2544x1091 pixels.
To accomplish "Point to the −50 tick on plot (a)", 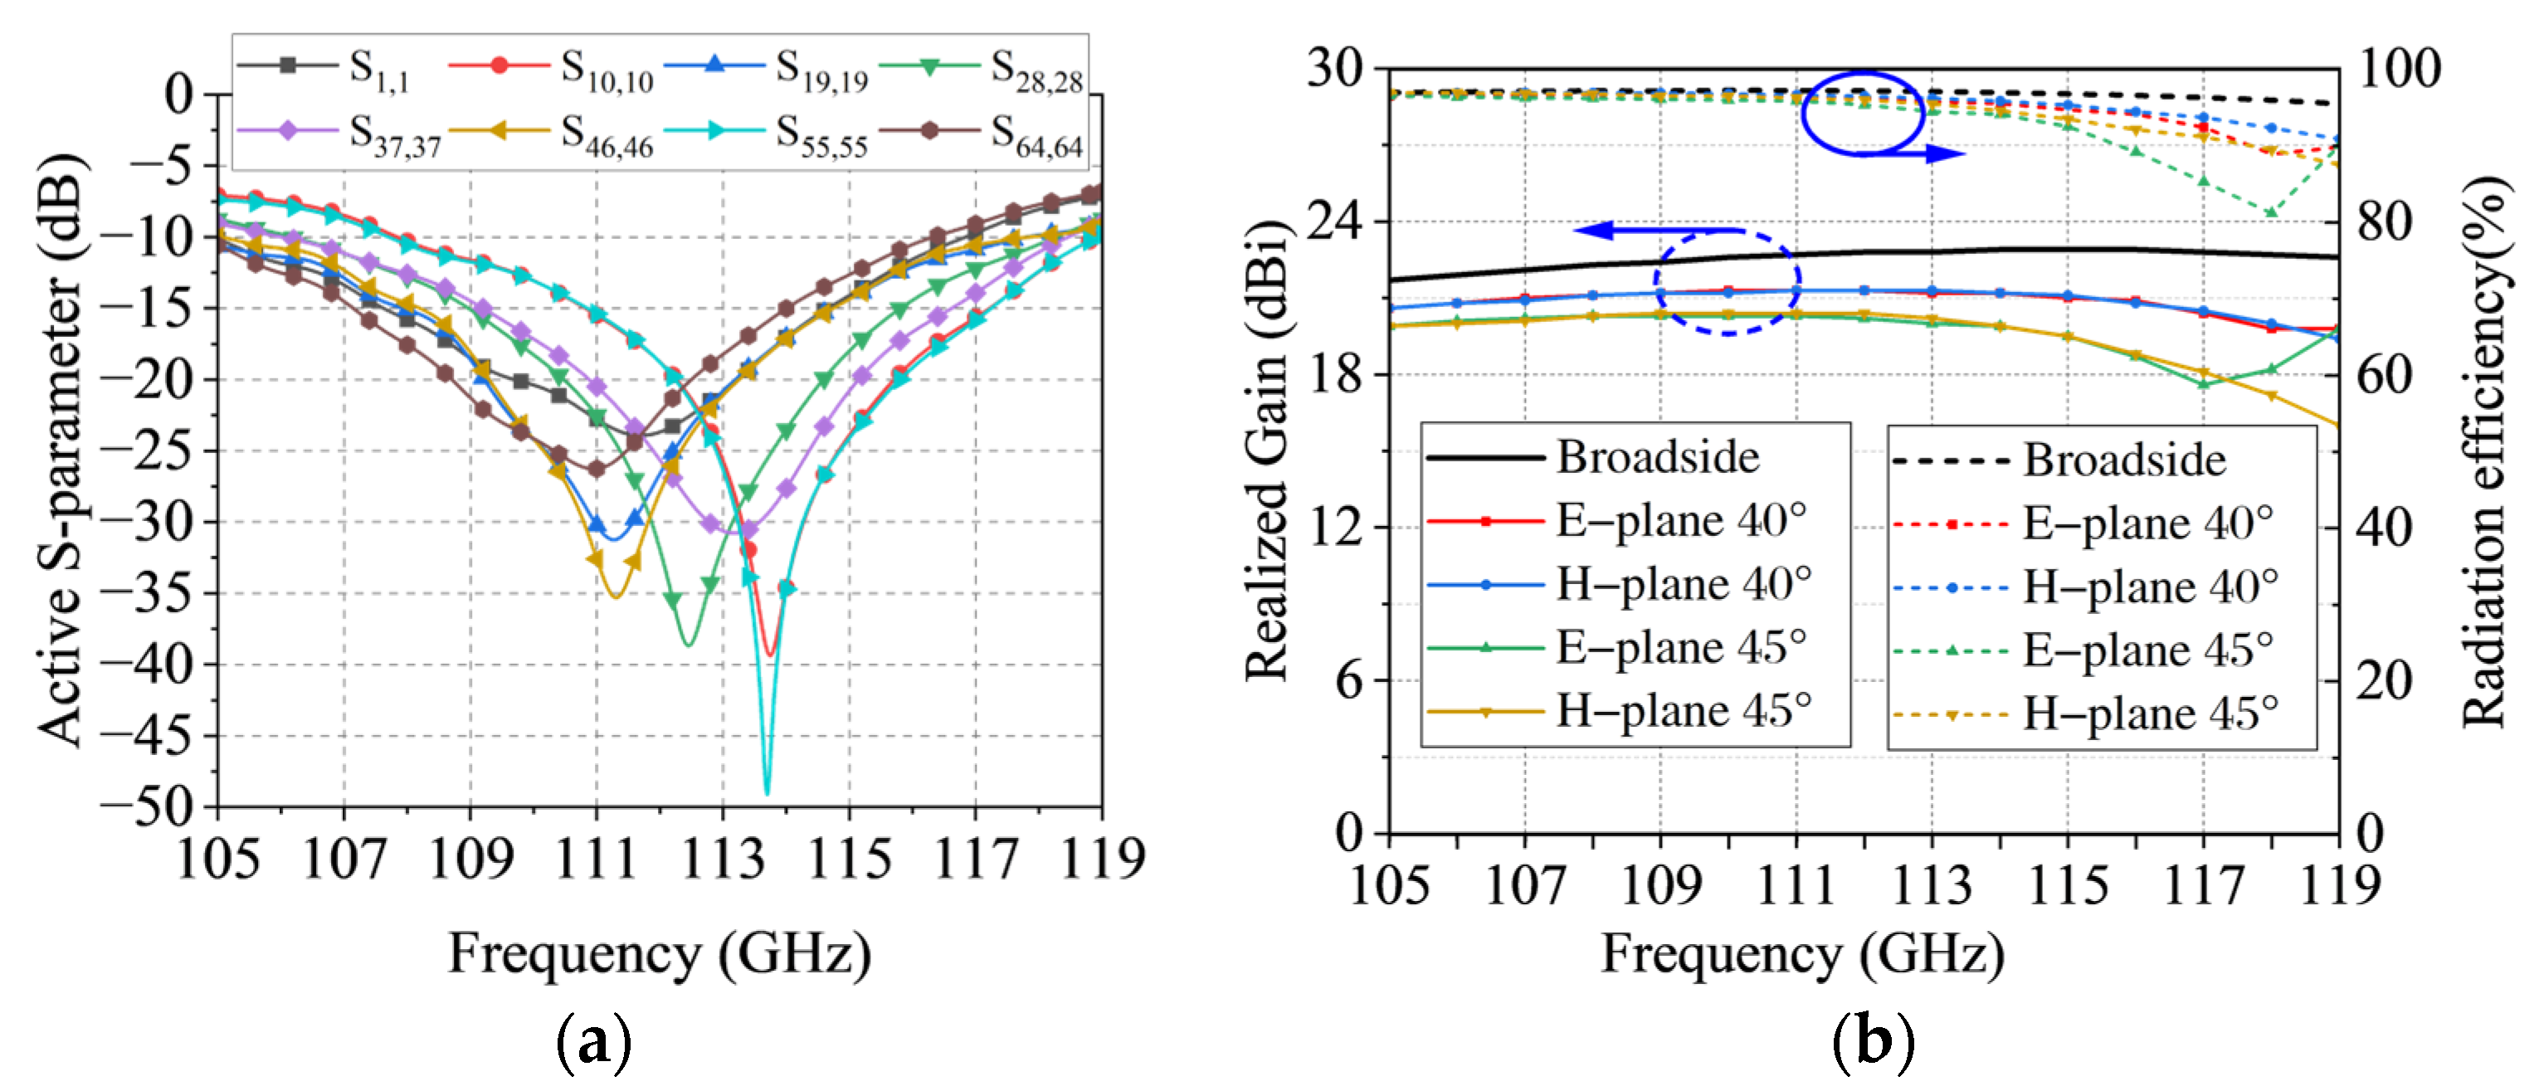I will pos(149,806).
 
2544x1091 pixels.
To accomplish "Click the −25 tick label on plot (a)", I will pos(149,451).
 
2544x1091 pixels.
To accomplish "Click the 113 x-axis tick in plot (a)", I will pos(723,859).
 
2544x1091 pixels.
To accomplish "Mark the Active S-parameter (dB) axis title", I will pos(61,449).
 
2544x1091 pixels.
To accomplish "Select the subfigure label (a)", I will pos(593,1041).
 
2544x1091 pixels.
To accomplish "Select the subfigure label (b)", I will pos(1873,1041).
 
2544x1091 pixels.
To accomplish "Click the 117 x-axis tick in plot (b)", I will pos(2202,884).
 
